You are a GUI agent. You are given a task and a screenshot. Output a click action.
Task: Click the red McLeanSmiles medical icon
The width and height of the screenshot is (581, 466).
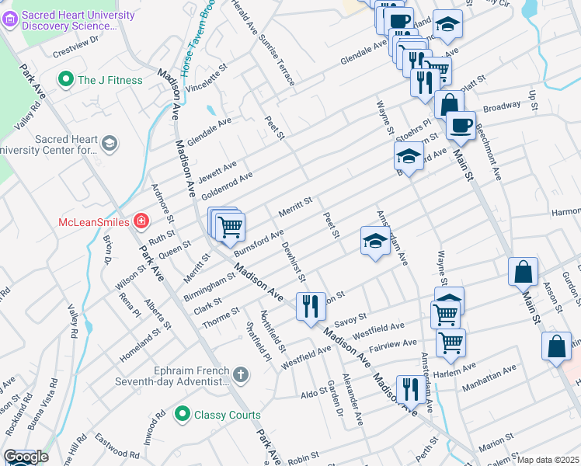coord(141,222)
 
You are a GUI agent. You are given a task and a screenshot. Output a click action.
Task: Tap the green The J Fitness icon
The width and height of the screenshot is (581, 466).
coord(66,80)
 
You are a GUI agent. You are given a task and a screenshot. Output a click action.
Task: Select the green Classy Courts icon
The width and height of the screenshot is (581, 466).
coord(183,415)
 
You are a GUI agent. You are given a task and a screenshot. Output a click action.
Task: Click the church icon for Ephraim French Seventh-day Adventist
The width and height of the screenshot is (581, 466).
coord(241,376)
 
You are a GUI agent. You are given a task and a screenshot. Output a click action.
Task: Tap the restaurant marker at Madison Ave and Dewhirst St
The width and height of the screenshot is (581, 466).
coord(311,306)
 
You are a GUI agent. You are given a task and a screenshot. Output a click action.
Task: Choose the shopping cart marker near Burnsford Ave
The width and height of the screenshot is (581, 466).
coord(230,227)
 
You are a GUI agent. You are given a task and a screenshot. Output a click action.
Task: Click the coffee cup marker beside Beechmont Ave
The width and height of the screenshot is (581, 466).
coord(461,125)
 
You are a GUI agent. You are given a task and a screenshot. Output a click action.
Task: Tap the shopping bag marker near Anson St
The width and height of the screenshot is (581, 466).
coord(524,273)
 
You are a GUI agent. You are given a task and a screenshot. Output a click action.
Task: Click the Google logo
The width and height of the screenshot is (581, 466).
coord(26,457)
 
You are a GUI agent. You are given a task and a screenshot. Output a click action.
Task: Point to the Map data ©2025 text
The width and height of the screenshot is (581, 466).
coord(548,460)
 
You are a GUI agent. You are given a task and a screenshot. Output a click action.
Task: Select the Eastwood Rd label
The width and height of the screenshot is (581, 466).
coord(111,440)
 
